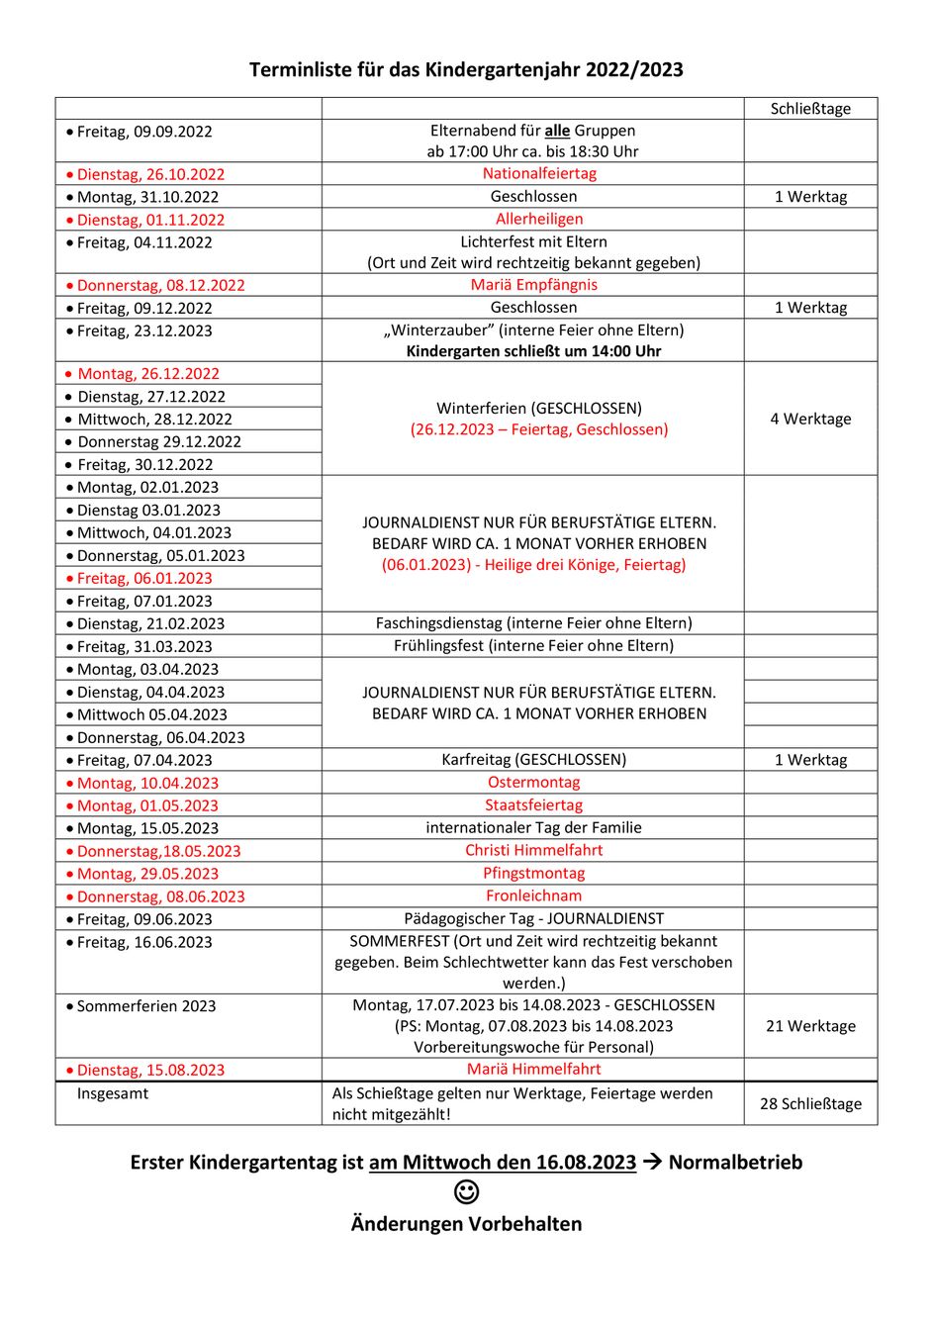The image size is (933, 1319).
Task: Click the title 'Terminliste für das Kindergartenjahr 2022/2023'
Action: point(466,69)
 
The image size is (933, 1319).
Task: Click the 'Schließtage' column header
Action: point(810,109)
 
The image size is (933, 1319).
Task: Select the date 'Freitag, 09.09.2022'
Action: point(144,132)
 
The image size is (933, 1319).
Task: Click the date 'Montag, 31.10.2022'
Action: point(147,197)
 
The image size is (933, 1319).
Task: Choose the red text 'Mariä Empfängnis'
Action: point(533,284)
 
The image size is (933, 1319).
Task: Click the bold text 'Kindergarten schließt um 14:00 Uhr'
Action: point(533,351)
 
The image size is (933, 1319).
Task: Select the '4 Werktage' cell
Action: point(810,419)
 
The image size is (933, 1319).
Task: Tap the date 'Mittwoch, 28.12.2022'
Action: point(154,420)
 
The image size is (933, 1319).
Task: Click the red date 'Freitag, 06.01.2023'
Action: point(144,579)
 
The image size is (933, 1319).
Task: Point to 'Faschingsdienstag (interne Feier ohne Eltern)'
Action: point(533,623)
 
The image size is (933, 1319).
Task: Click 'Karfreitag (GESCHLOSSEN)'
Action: point(533,760)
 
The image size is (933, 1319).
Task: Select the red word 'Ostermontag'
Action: point(533,782)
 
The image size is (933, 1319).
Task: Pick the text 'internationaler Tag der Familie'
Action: point(533,827)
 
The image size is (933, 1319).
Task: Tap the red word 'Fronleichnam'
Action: point(533,895)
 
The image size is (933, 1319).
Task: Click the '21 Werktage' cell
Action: point(810,1026)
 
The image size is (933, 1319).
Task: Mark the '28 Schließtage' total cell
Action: point(810,1103)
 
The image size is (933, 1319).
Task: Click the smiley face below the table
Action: point(466,1192)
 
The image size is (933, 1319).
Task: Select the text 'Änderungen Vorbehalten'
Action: point(466,1224)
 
